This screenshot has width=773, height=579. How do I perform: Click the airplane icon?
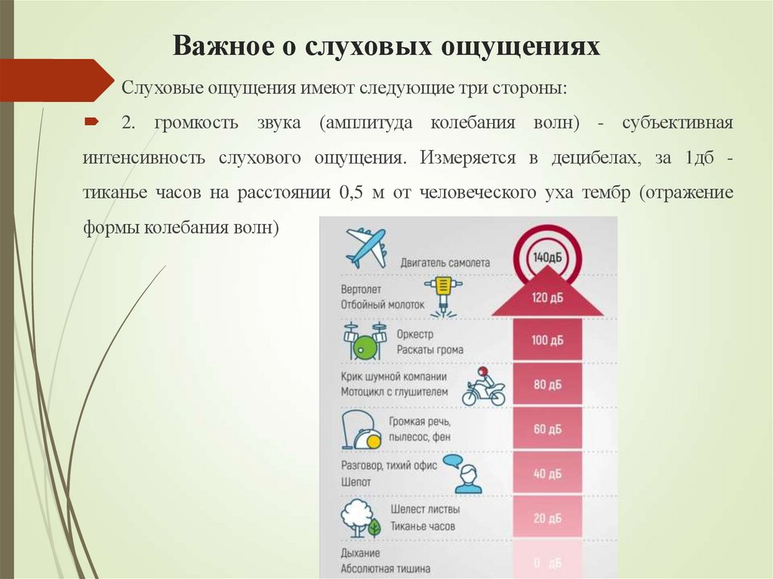(366, 247)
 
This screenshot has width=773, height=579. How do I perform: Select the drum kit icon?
(365, 341)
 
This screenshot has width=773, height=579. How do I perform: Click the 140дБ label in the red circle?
(547, 257)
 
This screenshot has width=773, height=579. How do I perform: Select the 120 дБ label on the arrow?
(547, 297)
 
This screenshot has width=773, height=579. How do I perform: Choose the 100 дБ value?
(547, 340)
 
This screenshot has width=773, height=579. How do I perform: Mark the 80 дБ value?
(547, 385)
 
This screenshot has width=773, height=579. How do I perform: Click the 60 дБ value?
(547, 430)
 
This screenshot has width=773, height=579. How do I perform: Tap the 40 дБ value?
(547, 474)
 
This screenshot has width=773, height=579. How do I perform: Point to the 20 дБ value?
(547, 519)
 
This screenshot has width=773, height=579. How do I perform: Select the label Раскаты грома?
(427, 350)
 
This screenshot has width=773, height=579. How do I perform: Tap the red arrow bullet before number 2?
(91, 122)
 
